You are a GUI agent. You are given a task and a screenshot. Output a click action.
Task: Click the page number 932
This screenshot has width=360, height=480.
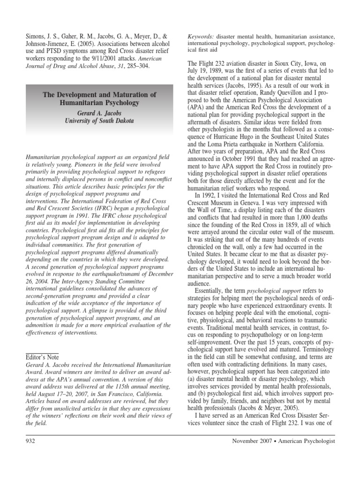click(x=31, y=441)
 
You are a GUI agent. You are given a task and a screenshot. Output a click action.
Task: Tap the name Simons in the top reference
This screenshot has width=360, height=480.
click(x=35, y=36)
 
